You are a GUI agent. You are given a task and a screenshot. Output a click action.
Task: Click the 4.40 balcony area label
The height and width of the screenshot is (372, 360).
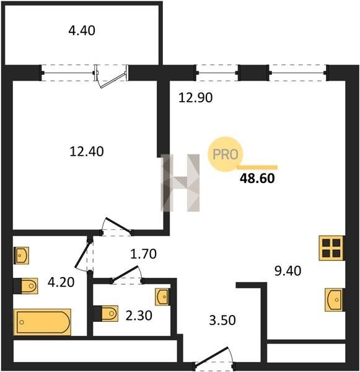pos(82,31)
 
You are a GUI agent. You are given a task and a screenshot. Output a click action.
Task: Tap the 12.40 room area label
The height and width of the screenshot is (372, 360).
pos(87,152)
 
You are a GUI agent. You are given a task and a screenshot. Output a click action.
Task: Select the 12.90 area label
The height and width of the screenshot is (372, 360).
pos(195,98)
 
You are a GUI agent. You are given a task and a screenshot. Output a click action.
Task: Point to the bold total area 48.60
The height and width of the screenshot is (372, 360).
pos(257,179)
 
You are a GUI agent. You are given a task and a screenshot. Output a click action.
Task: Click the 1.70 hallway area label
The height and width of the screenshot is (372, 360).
pos(144,254)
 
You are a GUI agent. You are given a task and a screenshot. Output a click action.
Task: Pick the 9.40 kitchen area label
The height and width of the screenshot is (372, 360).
pos(288,271)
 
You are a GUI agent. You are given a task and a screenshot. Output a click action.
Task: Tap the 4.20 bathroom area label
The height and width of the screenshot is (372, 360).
pos(61,282)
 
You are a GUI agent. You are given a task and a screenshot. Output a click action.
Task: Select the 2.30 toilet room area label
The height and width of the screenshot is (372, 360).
pos(139,316)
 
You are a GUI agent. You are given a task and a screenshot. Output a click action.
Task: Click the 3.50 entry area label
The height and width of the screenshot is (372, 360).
pos(222,320)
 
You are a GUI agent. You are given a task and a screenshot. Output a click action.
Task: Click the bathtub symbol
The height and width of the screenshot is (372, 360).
pos(42,322)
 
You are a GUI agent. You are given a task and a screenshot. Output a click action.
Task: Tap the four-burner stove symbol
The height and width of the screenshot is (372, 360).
pos(331,248)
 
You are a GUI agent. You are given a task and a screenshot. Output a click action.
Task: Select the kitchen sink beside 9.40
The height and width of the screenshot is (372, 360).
pos(335,299)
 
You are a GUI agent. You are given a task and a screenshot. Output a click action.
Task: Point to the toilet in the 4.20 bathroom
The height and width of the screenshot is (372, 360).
pos(25,286)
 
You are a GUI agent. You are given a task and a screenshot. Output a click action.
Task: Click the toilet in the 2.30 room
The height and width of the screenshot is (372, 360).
pos(106,313)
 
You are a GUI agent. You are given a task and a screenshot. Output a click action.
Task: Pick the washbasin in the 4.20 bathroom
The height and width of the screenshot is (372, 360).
pos(21,255)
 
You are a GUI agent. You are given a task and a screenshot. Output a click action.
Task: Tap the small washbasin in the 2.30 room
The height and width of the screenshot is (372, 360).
pos(162,296)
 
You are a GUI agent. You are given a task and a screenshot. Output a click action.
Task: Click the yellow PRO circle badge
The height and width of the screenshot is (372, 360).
pos(226,154)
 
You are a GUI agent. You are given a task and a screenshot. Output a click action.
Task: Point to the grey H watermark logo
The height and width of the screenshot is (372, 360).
pos(180,183)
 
